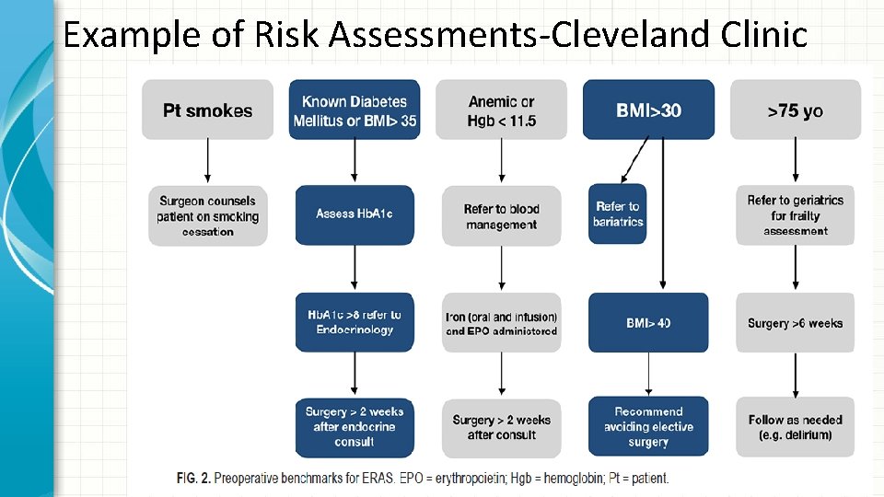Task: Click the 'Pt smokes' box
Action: point(207,110)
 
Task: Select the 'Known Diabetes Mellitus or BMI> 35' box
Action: point(355,110)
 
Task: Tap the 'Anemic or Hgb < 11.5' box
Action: point(502,110)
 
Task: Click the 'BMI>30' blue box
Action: point(648,110)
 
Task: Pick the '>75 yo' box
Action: point(796,110)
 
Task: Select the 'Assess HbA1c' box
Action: point(355,214)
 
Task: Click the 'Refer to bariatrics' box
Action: point(618,214)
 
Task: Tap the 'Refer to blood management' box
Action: point(502,215)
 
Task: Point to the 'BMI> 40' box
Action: point(648,322)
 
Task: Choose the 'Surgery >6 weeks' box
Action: point(796,322)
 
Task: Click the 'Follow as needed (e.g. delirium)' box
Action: point(796,426)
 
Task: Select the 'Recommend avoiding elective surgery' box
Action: point(648,426)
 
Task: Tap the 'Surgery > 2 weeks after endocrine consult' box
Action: point(355,426)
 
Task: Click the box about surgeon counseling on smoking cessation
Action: point(207,215)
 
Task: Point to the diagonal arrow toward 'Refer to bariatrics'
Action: point(634,161)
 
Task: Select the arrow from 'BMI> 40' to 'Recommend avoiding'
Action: point(648,374)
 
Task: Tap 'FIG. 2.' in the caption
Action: point(192,478)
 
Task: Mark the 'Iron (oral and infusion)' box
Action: point(502,322)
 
